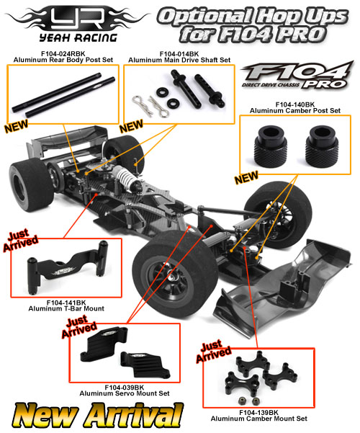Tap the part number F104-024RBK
click(63, 54)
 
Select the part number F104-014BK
click(179, 54)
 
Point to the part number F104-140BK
click(295, 104)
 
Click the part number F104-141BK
click(66, 303)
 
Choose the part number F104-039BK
click(125, 388)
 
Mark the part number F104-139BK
click(258, 413)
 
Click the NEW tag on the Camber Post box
click(246, 177)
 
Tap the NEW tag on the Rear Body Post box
click(16, 126)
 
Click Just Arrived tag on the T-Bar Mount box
click(20, 240)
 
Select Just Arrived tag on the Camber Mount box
click(213, 352)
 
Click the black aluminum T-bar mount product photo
click(68, 268)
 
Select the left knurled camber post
click(270, 146)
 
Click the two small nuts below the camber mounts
click(248, 401)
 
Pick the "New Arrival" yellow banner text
click(97, 415)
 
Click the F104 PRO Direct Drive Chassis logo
click(297, 76)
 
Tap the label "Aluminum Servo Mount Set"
click(125, 393)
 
